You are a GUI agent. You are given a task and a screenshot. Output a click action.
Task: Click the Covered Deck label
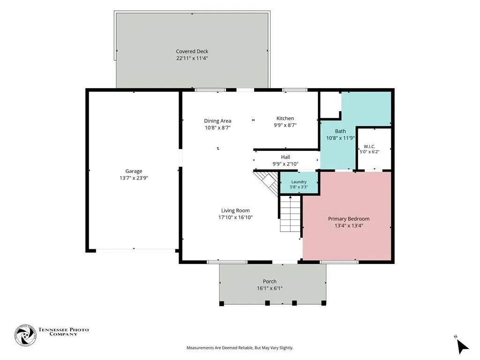pyautogui.click(x=192, y=52)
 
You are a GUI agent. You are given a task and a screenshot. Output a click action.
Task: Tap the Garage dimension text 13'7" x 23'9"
pyautogui.click(x=134, y=178)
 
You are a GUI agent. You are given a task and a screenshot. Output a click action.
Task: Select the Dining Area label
pyautogui.click(x=217, y=121)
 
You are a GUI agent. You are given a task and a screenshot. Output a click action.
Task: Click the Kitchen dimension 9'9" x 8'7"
pyautogui.click(x=285, y=125)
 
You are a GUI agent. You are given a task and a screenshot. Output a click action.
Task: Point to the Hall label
pyautogui.click(x=285, y=157)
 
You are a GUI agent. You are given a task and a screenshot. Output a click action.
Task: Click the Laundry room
pyautogui.click(x=299, y=183)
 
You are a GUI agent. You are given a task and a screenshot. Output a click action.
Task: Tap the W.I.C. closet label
pyautogui.click(x=369, y=147)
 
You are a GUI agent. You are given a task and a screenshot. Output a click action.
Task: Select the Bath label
pyautogui.click(x=340, y=131)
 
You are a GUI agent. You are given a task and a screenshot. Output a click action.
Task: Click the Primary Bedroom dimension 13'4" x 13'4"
pyautogui.click(x=349, y=225)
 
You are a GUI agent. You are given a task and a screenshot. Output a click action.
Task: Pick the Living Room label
pyautogui.click(x=235, y=210)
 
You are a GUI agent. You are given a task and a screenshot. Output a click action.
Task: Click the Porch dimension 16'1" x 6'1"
pyautogui.click(x=270, y=288)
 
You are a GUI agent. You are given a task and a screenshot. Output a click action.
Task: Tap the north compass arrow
pyautogui.click(x=463, y=346)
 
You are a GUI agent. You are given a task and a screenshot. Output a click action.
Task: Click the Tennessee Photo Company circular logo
pyautogui.click(x=25, y=335)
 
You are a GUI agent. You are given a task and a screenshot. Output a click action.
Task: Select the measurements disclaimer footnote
pyautogui.click(x=240, y=348)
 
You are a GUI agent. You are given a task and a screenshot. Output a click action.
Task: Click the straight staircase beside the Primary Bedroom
pyautogui.click(x=290, y=214)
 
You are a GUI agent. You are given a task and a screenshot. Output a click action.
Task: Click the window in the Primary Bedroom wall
pyautogui.click(x=339, y=262)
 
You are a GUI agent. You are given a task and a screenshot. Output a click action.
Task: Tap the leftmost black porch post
pyautogui.click(x=222, y=303)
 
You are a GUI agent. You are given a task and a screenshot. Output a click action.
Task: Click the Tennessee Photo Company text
pyautogui.click(x=64, y=332)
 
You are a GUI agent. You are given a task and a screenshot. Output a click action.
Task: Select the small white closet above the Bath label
pyautogui.click(x=330, y=105)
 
